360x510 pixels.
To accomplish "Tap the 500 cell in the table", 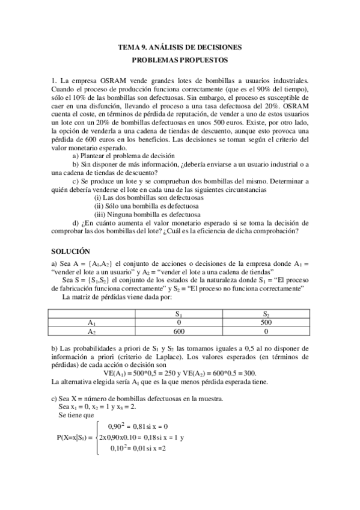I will tap(266, 322).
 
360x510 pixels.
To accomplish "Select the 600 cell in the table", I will tap(179, 331).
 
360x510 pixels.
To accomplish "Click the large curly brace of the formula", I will tap(96, 437).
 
